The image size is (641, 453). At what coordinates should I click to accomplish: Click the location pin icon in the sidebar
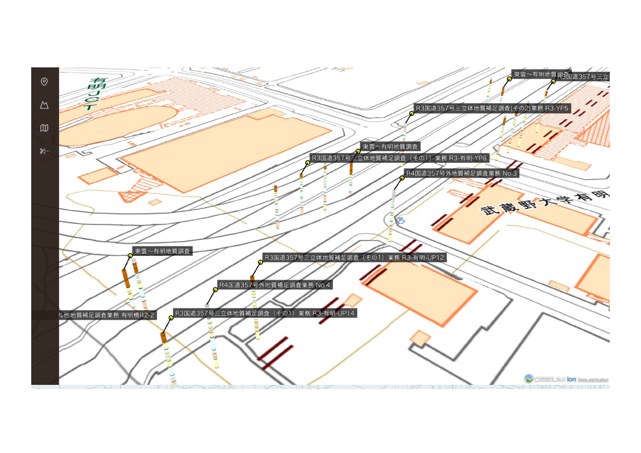pyautogui.click(x=44, y=82)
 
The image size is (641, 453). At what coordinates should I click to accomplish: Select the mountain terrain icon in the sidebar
pyautogui.click(x=44, y=105)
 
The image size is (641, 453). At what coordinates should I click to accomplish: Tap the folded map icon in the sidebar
pyautogui.click(x=44, y=128)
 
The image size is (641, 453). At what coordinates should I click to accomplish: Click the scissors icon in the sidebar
pyautogui.click(x=44, y=151)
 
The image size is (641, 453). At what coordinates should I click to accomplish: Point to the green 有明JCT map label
pyautogui.click(x=96, y=94)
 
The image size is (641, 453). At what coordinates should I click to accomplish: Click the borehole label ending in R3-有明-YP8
pyautogui.click(x=399, y=158)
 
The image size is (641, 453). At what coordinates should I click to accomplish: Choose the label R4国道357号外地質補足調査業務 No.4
pyautogui.click(x=274, y=285)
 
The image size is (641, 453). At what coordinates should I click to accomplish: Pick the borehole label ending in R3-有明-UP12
pyautogui.click(x=354, y=258)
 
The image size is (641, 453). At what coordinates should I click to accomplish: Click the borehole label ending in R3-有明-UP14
pyautogui.click(x=265, y=313)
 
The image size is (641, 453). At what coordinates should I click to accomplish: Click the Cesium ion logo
pyautogui.click(x=550, y=379)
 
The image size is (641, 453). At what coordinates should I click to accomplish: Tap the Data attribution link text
pyautogui.click(x=593, y=380)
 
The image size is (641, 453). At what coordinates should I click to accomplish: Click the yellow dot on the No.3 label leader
pyautogui.click(x=402, y=178)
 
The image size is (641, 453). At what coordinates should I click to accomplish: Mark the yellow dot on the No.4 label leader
pyautogui.click(x=215, y=290)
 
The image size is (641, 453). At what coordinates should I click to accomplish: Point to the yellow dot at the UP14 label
pyautogui.click(x=171, y=318)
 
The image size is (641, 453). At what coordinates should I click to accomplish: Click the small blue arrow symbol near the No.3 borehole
pyautogui.click(x=401, y=220)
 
